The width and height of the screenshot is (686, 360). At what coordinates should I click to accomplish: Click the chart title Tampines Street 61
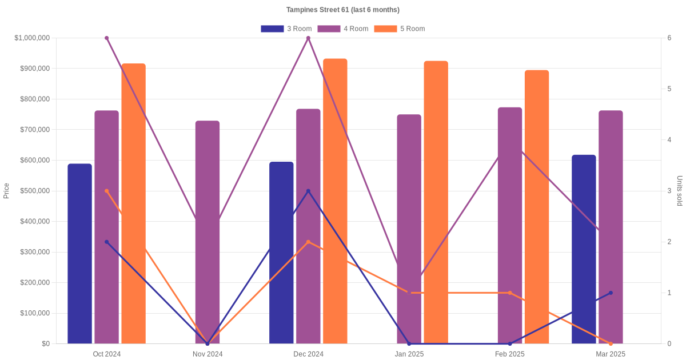[x=342, y=10]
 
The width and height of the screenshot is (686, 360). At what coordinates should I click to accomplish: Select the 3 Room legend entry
[x=286, y=29]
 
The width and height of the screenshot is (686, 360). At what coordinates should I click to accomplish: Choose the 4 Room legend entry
[x=342, y=29]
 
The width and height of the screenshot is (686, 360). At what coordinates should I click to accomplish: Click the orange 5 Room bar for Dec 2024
[x=335, y=200]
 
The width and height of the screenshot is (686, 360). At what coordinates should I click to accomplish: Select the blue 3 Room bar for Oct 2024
[x=79, y=254]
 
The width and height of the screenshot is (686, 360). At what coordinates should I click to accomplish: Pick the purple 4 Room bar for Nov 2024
[x=208, y=231]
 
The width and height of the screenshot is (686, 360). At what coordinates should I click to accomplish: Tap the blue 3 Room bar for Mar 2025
[x=584, y=249]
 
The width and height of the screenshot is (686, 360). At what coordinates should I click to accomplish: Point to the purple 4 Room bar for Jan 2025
[x=409, y=229]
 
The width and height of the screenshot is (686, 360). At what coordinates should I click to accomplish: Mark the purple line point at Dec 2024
[x=308, y=38]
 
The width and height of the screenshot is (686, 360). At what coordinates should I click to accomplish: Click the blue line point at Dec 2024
[x=308, y=191]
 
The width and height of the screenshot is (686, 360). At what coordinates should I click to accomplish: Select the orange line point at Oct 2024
[x=106, y=191]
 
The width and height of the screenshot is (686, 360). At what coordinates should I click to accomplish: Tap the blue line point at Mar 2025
[x=611, y=293]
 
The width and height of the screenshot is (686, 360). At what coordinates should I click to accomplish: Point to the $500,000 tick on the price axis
[x=34, y=191]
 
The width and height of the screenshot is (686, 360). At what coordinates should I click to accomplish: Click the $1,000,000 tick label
[x=32, y=38]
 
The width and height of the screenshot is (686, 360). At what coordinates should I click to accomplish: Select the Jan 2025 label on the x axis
[x=409, y=354]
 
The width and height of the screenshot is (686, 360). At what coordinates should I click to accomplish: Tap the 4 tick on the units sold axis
[x=669, y=140]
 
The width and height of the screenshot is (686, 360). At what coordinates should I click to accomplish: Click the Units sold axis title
[x=679, y=191]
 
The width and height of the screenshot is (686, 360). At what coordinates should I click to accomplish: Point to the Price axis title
[x=6, y=191]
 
